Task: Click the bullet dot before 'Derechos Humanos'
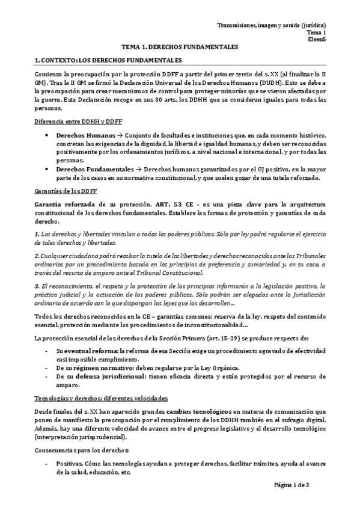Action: (47, 136)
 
